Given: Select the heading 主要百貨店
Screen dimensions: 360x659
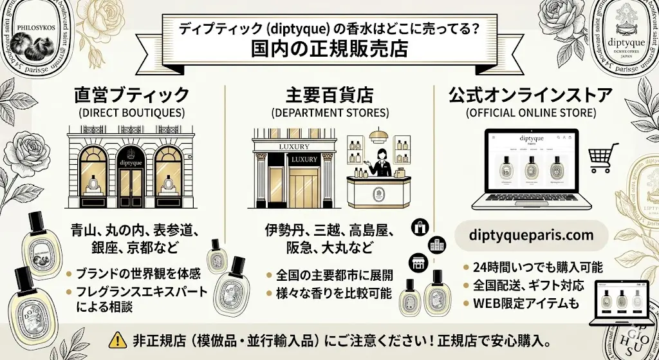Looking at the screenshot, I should point(329,95).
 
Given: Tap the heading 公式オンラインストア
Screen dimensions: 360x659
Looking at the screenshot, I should point(530,95).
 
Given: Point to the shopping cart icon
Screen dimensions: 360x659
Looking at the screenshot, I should point(603,158).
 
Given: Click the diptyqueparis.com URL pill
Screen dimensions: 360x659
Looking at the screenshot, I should point(531,235).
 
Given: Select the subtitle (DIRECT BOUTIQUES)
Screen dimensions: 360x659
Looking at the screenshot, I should point(132,113).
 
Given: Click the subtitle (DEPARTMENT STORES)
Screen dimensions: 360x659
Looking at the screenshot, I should point(330,113).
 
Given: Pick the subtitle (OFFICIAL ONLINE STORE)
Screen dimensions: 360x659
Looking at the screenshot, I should point(530,113).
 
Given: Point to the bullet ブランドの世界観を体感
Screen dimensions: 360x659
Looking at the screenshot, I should point(138,273).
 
